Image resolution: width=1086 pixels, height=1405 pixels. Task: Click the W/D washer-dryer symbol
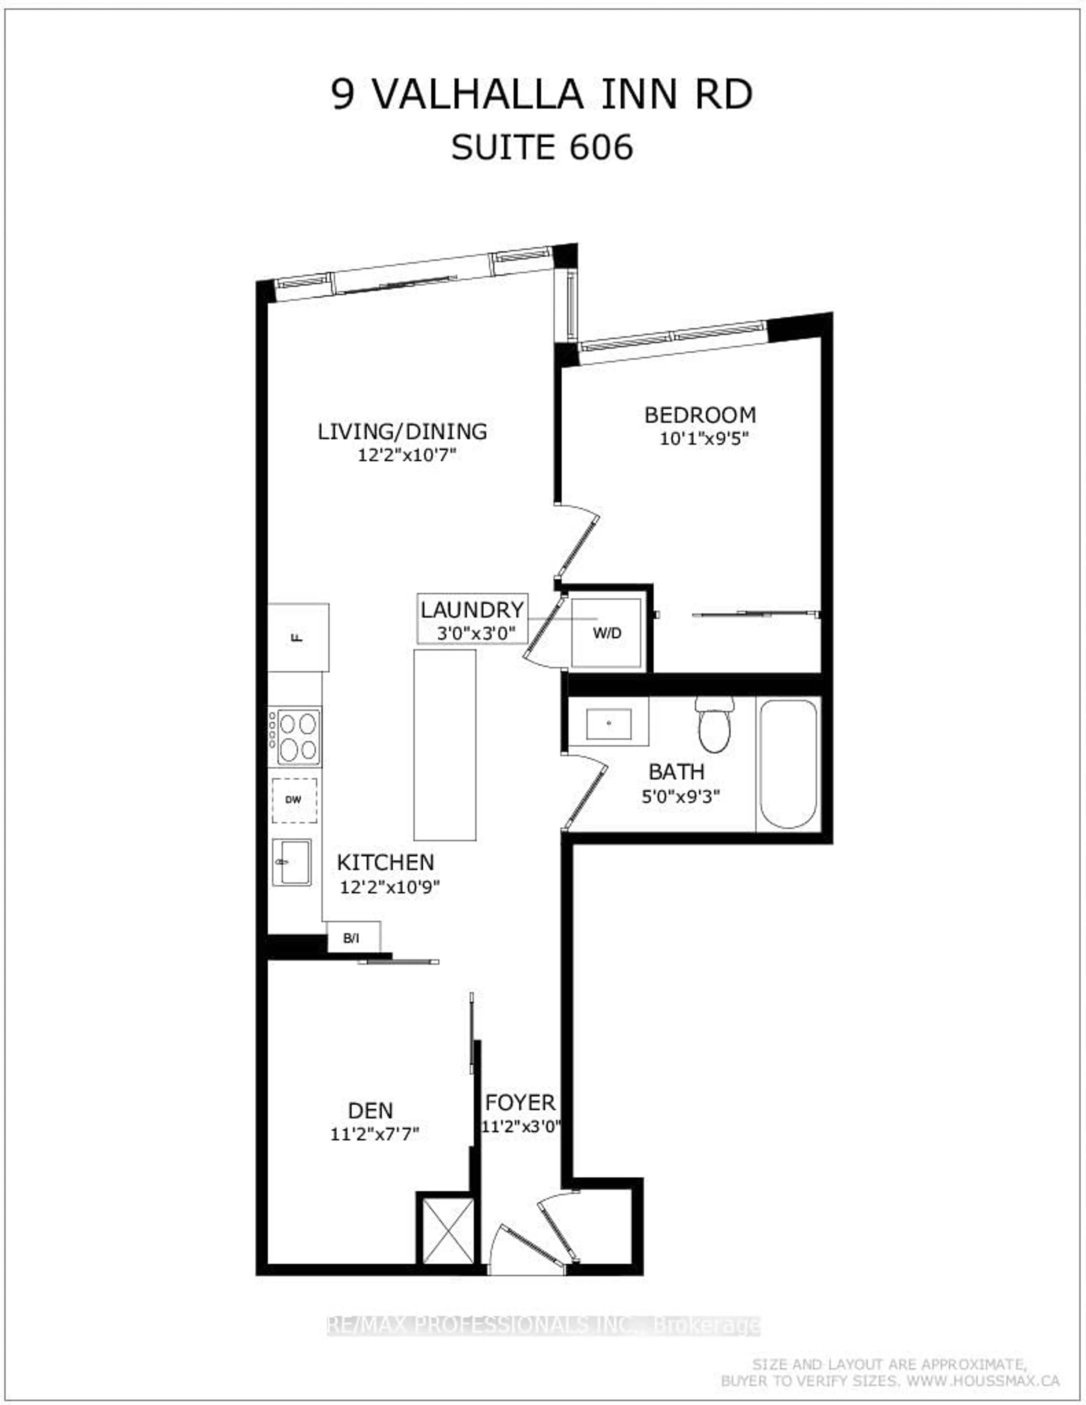click(x=606, y=634)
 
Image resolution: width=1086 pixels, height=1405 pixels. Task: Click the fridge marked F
click(x=298, y=638)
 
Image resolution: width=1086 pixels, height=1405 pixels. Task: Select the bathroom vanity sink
click(x=608, y=724)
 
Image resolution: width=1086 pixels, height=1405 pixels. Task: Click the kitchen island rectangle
click(x=444, y=745)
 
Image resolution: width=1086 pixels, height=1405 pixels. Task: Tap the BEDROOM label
click(x=700, y=415)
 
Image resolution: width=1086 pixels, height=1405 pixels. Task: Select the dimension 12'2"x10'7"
click(x=407, y=455)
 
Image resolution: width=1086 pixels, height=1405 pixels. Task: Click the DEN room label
click(x=370, y=1110)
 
